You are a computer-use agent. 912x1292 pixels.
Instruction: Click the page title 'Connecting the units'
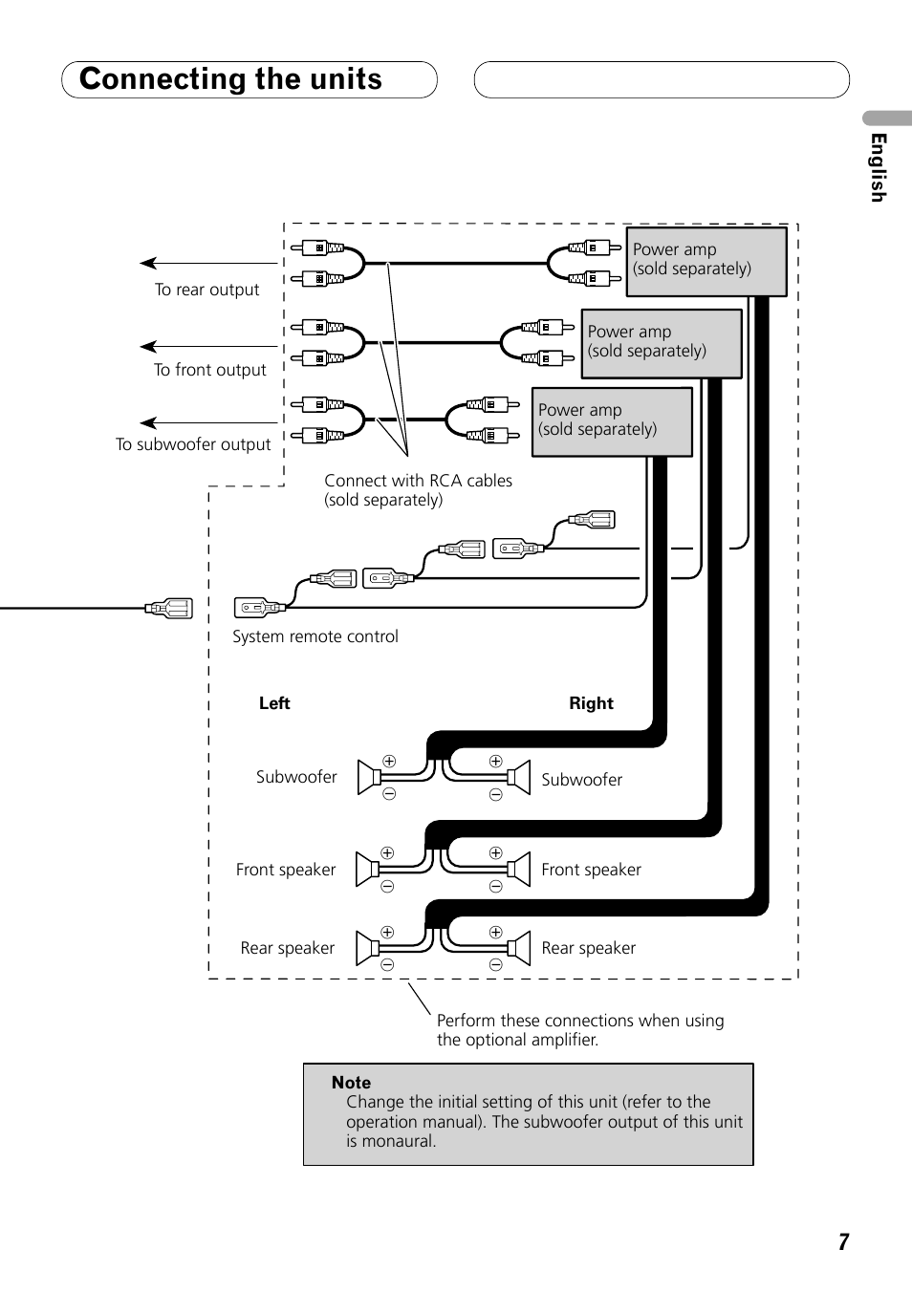coord(230,79)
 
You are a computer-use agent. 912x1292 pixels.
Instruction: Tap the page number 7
coord(843,1241)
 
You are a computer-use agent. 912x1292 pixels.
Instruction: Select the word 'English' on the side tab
coord(878,167)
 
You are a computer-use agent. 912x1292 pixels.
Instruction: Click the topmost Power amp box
coord(706,261)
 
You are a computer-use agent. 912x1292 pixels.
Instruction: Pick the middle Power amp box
coord(662,343)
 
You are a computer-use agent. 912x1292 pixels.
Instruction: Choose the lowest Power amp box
coord(612,421)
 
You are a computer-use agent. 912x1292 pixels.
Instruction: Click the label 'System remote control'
coord(315,636)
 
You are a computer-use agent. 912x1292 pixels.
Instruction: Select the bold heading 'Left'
coord(274,703)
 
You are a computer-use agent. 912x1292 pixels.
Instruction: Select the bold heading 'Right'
coord(591,703)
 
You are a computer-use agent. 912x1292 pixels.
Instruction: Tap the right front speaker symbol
coord(519,870)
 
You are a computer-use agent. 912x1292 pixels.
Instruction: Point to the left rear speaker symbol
coord(367,948)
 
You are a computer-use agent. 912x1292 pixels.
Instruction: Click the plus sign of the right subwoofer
coord(495,762)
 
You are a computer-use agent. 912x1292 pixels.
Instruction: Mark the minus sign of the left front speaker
coord(387,887)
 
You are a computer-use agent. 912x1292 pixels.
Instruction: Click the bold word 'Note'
coord(351,1083)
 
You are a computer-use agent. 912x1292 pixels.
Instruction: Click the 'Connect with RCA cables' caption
coord(418,481)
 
